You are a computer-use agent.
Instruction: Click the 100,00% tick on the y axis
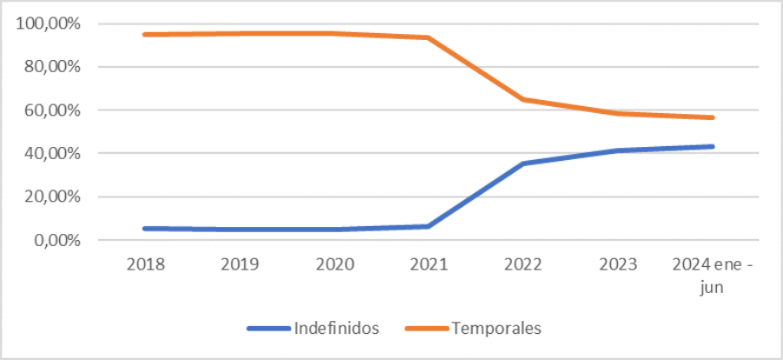pos(48,23)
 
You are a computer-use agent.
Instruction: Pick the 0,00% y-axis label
pos(55,240)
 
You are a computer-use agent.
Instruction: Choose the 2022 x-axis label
pos(523,263)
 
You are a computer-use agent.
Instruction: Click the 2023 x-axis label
pos(618,263)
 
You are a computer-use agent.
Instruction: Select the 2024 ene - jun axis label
pos(713,274)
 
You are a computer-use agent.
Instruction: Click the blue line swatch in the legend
pos(269,329)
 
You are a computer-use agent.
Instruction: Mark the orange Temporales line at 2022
pos(523,99)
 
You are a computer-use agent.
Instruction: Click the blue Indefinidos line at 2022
pos(523,163)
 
